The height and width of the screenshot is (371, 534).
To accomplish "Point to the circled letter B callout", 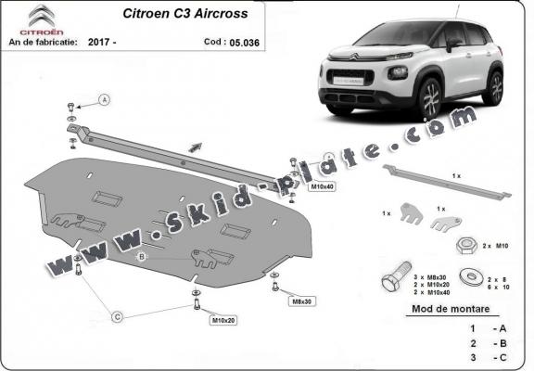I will pyautogui.click(x=142, y=256).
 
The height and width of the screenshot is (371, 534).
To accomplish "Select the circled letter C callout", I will pyautogui.click(x=118, y=317).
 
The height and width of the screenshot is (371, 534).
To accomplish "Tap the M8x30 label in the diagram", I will pyautogui.click(x=302, y=301).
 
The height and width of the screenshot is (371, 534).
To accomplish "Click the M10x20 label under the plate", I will pyautogui.click(x=222, y=321).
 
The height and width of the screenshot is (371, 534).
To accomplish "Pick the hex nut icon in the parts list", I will pyautogui.click(x=464, y=245).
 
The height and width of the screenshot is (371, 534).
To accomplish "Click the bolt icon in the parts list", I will pyautogui.click(x=393, y=280).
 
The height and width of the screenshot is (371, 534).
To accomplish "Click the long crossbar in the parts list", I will pyautogui.click(x=445, y=181).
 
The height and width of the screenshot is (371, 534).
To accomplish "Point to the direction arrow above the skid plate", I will pyautogui.click(x=195, y=145).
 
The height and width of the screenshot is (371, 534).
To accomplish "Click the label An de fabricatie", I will pyautogui.click(x=44, y=42).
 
